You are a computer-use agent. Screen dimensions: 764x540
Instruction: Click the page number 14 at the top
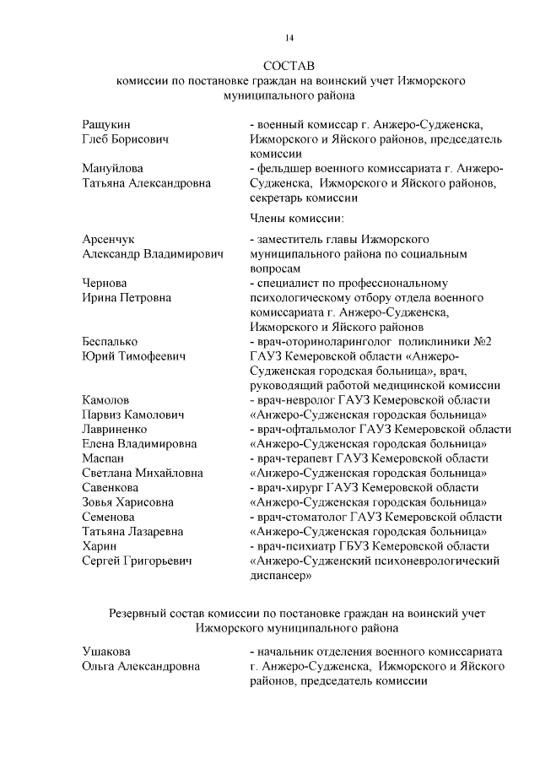(289, 38)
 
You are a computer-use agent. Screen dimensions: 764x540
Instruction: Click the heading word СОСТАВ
(288, 65)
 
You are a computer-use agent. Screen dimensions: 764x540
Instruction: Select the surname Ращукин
(106, 124)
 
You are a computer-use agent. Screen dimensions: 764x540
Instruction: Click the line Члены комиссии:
(292, 219)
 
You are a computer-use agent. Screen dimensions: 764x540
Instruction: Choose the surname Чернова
(105, 284)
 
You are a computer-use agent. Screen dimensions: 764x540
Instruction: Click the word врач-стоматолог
(307, 517)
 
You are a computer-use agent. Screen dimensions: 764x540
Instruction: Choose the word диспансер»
(282, 577)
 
